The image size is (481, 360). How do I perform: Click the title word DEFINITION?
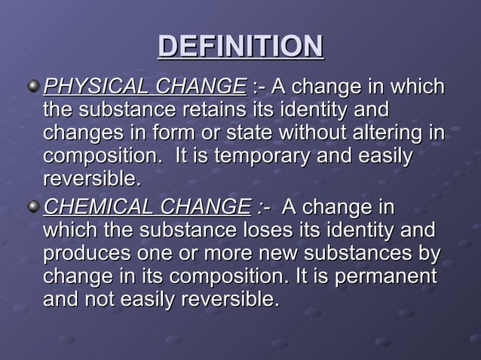pyautogui.click(x=240, y=46)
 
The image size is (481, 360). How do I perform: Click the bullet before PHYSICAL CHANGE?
pyautogui.click(x=32, y=87)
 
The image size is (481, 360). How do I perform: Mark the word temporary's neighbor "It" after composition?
pyautogui.click(x=182, y=158)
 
